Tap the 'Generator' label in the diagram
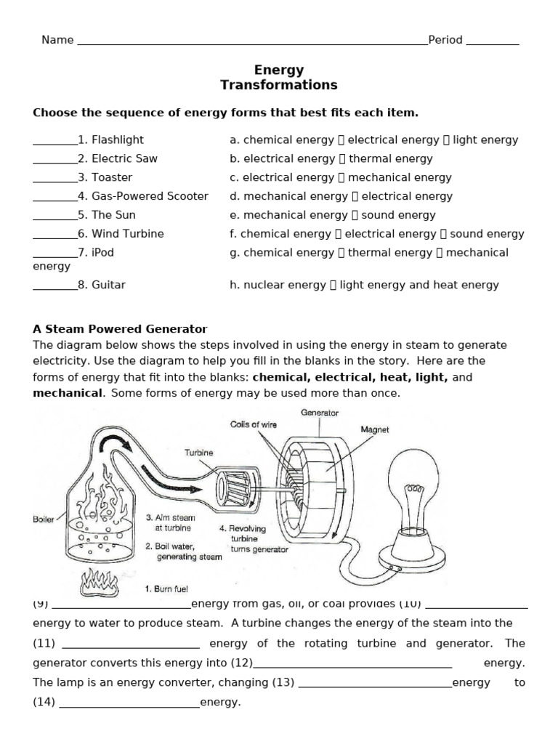320,413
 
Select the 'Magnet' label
375,429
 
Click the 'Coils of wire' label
254,424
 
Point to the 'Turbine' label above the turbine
198,453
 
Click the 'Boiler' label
44,519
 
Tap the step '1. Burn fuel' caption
167,589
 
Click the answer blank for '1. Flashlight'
54,140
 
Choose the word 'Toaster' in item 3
112,177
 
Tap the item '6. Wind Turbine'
121,234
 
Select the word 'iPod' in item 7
102,253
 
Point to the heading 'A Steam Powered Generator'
120,329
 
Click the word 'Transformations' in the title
279,85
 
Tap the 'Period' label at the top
445,40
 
